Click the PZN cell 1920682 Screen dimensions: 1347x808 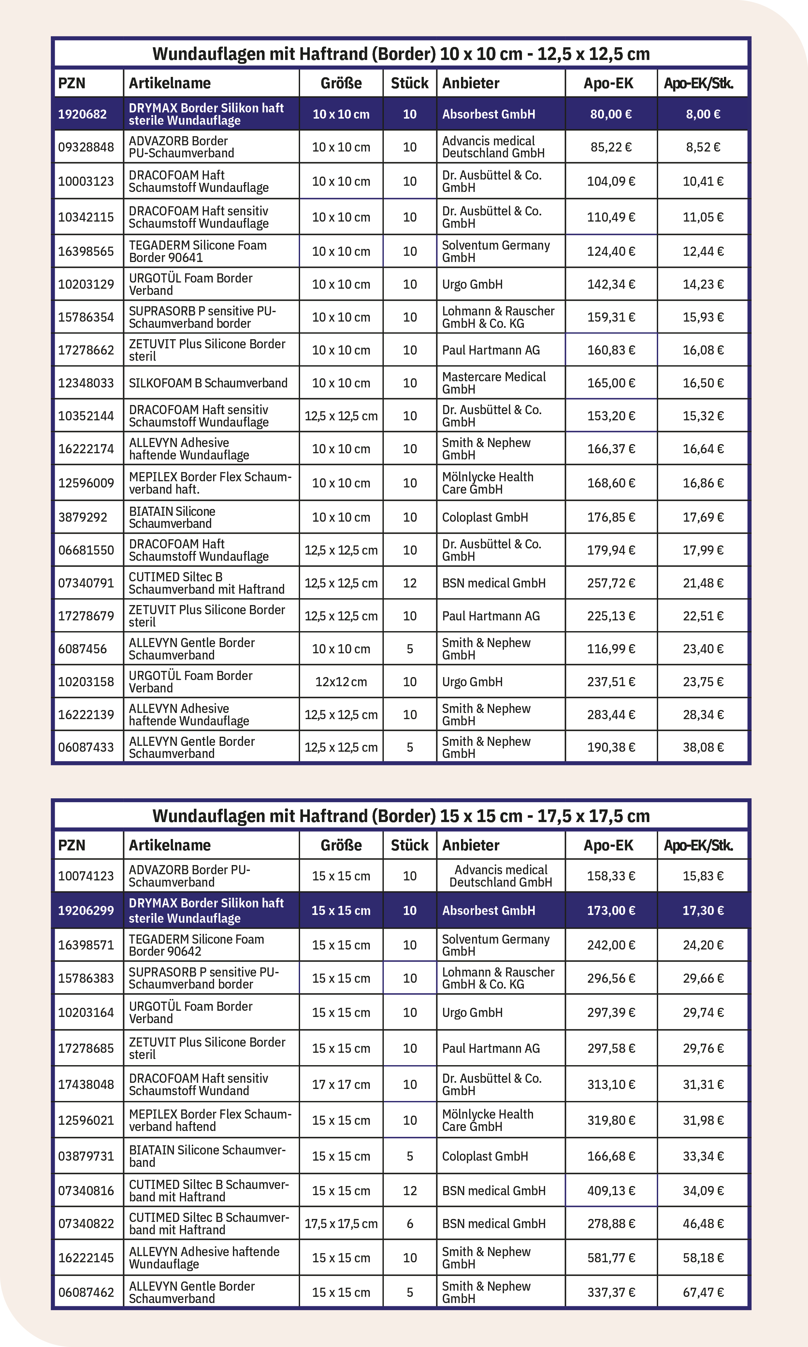pyautogui.click(x=82, y=114)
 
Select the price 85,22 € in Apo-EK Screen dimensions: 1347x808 pyautogui.click(x=611, y=147)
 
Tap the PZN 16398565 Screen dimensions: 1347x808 pyautogui.click(x=86, y=252)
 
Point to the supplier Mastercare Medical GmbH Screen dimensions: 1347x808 pyautogui.click(x=493, y=383)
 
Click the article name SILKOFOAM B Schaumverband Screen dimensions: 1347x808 pyautogui.click(x=208, y=383)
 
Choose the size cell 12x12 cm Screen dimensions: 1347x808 pyautogui.click(x=341, y=682)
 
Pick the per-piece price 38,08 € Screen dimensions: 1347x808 pyautogui.click(x=703, y=747)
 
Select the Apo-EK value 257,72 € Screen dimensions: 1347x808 pyautogui.click(x=611, y=583)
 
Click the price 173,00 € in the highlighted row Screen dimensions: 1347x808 pyautogui.click(x=611, y=910)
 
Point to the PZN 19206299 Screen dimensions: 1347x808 pyautogui.click(x=86, y=910)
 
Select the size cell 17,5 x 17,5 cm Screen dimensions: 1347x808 pyautogui.click(x=341, y=1224)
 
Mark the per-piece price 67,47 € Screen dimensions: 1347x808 pyautogui.click(x=703, y=1292)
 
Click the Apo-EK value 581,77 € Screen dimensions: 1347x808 pyautogui.click(x=611, y=1258)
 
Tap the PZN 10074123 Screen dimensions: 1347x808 pyautogui.click(x=86, y=876)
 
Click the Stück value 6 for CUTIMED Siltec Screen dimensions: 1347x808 pyautogui.click(x=410, y=1224)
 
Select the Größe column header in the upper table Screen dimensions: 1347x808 pyautogui.click(x=341, y=83)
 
